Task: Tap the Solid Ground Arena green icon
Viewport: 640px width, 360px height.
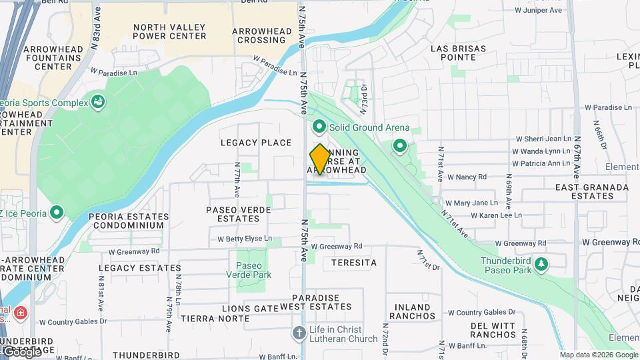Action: point(319,127)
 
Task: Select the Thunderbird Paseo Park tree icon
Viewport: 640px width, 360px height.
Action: point(541,265)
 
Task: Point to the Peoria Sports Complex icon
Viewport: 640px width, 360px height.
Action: point(99,101)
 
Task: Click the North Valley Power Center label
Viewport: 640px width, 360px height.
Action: point(169,31)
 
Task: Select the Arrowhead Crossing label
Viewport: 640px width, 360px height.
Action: point(263,35)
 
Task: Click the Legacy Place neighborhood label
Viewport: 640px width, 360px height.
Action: point(256,143)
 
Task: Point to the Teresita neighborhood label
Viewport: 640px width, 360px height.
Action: point(349,263)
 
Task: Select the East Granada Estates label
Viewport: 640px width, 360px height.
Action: point(591,192)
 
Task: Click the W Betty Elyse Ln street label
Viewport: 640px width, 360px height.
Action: point(245,238)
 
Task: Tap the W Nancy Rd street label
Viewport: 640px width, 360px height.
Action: point(467,177)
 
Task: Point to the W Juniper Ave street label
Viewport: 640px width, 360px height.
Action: point(539,10)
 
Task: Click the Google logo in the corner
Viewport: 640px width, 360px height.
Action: point(22,351)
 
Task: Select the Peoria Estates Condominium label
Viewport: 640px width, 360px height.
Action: point(128,221)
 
